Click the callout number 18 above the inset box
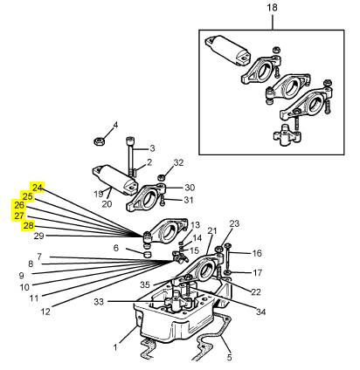272,8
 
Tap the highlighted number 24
38,188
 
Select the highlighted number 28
28,226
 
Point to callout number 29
39,236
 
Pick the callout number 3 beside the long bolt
152,148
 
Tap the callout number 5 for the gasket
229,357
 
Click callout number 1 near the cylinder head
115,347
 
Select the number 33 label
99,302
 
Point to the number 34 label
261,312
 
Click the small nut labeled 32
160,177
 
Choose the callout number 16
257,253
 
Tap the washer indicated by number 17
228,272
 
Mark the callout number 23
234,223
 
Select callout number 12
45,312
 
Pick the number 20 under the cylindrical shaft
107,204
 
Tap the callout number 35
145,284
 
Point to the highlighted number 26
18,205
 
